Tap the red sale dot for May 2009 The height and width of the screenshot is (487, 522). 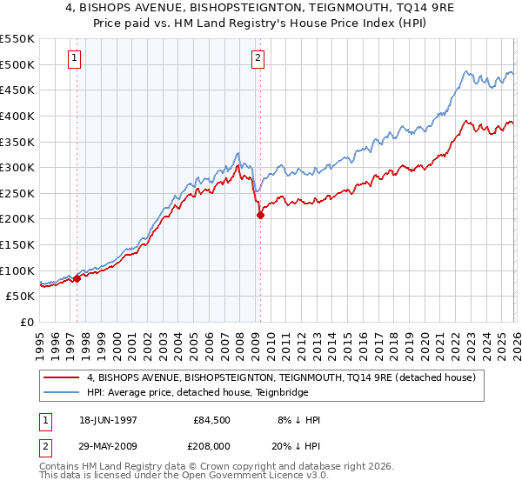tap(260, 215)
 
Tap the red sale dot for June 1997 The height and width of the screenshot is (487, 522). tap(77, 278)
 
